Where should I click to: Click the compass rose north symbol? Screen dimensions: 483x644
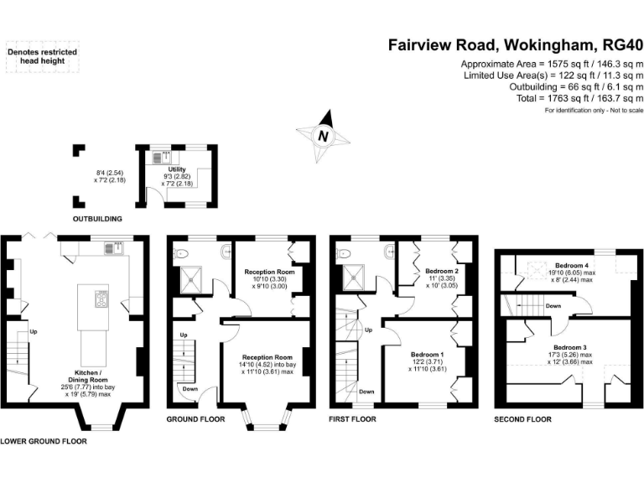(321, 135)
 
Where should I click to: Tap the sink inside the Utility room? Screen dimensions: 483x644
(164, 155)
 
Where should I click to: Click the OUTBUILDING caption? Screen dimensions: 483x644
(96, 219)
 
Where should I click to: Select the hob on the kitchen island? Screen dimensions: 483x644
(101, 299)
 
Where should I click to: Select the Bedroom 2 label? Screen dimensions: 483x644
(440, 272)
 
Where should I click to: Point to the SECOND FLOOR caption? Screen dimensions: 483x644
(522, 418)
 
